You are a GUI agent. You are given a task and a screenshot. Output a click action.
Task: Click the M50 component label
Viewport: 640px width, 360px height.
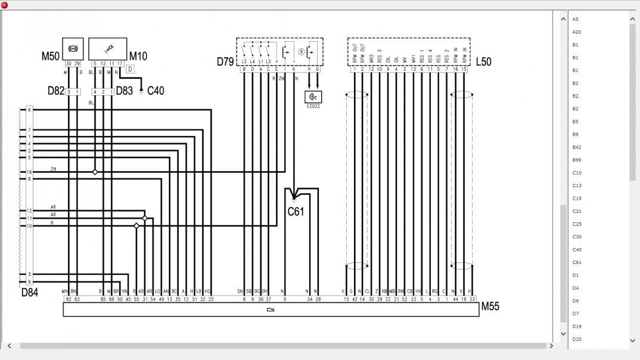(50, 56)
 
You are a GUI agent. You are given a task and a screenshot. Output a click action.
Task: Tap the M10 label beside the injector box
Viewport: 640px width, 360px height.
(138, 56)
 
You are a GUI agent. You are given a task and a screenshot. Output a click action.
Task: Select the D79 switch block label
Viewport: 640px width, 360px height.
(225, 61)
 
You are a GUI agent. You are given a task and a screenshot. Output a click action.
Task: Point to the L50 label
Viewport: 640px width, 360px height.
(483, 61)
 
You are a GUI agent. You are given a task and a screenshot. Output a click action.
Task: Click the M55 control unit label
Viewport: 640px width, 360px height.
(490, 306)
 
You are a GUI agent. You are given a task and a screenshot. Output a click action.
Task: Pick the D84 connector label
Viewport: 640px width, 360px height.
(30, 293)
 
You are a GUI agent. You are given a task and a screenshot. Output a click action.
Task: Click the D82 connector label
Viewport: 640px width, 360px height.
(55, 91)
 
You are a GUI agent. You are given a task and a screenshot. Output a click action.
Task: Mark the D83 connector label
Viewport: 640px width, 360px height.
(125, 91)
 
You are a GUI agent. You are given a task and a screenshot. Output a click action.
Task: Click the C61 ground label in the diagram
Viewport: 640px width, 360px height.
(296, 211)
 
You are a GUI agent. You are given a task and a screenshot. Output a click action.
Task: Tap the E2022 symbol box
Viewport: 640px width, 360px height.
(313, 97)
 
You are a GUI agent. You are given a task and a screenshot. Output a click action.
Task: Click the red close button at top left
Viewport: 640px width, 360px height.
(5, 5)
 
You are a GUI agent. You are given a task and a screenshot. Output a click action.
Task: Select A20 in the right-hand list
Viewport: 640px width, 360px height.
(576, 32)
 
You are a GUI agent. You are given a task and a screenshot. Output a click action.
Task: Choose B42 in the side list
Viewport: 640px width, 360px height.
(576, 147)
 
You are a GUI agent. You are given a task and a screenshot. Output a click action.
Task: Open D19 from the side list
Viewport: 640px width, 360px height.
(576, 327)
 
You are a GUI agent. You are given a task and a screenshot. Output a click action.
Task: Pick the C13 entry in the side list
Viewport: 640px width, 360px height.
(576, 185)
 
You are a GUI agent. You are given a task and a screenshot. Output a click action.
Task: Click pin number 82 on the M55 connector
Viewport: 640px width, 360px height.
(69, 299)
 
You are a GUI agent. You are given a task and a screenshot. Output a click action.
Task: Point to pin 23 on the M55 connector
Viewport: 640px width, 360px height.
(472, 299)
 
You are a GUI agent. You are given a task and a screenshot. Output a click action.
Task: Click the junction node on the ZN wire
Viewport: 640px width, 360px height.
(95, 172)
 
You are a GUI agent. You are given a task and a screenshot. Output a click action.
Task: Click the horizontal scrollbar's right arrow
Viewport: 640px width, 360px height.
(551, 346)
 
